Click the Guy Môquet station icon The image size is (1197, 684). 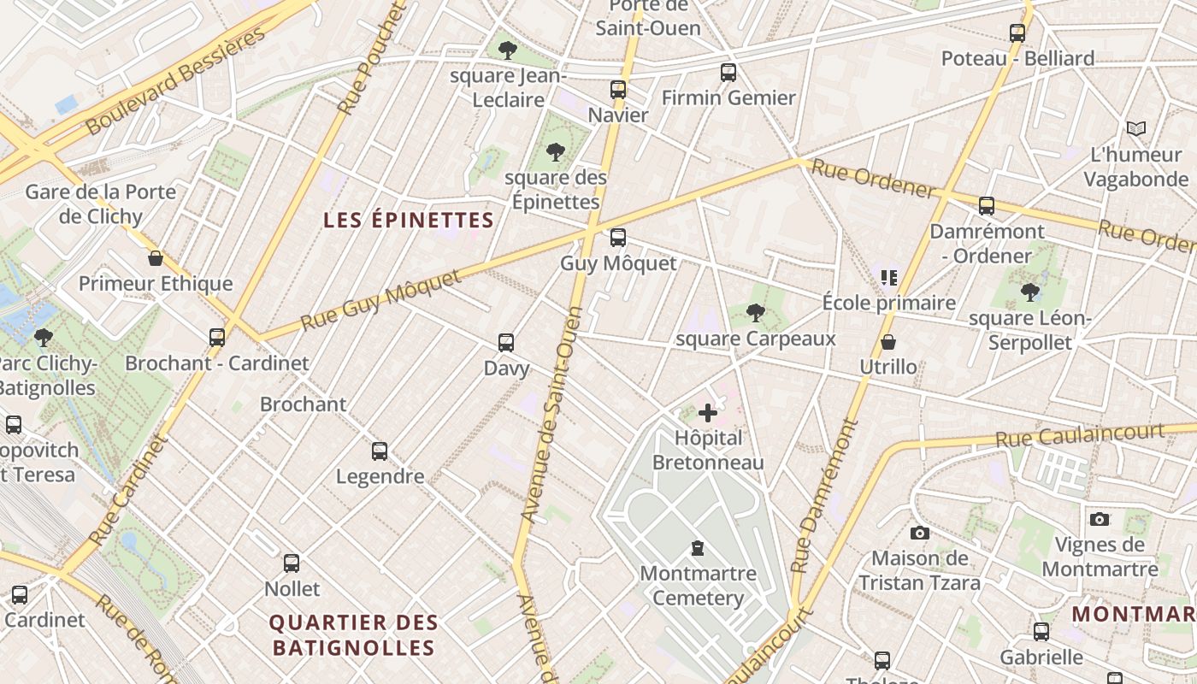(617, 238)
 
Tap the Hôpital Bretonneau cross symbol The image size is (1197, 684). (708, 414)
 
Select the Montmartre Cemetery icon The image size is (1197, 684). (698, 548)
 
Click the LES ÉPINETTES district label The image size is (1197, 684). (409, 220)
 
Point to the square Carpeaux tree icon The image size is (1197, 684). (754, 313)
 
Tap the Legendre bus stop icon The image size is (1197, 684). (380, 451)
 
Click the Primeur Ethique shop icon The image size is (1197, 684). (156, 258)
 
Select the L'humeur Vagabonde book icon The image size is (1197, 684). (1135, 129)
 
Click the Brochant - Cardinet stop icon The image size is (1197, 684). (217, 338)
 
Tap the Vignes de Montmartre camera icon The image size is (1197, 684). (1100, 519)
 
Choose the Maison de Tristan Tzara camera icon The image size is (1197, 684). (919, 533)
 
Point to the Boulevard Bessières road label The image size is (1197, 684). (176, 81)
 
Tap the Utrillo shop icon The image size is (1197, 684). (888, 342)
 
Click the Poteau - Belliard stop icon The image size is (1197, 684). (1017, 33)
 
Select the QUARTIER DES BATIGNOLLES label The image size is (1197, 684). (354, 634)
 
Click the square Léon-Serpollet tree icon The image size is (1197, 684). (1029, 292)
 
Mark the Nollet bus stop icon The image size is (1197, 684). (292, 563)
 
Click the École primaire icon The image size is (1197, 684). (888, 277)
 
